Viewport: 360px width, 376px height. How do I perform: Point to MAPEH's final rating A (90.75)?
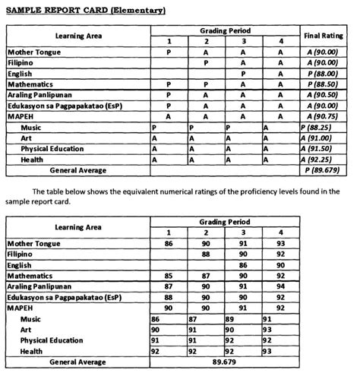coord(324,117)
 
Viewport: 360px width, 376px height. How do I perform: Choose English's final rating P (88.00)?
coord(324,74)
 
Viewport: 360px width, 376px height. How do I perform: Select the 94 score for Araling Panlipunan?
coord(280,286)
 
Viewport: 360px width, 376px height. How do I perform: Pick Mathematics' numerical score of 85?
coord(168,276)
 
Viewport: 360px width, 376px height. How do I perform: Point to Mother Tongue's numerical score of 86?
coord(168,243)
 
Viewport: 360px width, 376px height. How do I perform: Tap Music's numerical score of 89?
coord(229,320)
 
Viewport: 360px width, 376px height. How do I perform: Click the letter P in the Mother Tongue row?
coord(168,52)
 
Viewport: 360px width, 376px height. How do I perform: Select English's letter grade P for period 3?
coord(243,74)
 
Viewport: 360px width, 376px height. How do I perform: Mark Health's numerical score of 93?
coord(267,352)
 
